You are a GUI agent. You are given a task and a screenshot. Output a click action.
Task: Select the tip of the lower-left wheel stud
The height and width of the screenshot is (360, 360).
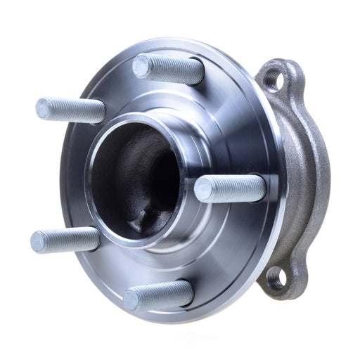coord(40,241)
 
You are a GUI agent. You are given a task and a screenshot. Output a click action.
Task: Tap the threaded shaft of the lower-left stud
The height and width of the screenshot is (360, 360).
coord(74,238)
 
